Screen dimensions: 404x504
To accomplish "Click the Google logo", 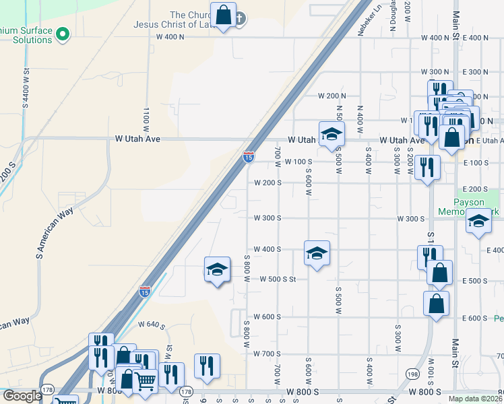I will coord(22,397).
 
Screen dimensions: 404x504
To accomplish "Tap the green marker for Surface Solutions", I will coord(63,32).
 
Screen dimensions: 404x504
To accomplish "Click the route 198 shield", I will coord(412,372).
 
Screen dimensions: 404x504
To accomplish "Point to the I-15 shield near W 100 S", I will coord(249,157).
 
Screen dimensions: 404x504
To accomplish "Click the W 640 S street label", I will coord(152,325).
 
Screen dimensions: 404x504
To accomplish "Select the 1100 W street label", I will coord(146,118).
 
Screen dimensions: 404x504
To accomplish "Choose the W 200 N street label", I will coord(332,96).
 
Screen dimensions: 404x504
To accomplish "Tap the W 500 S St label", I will coord(278,279).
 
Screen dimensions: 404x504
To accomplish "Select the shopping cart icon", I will coord(146,380).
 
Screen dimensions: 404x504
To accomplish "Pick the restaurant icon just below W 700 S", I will coord(207,366).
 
